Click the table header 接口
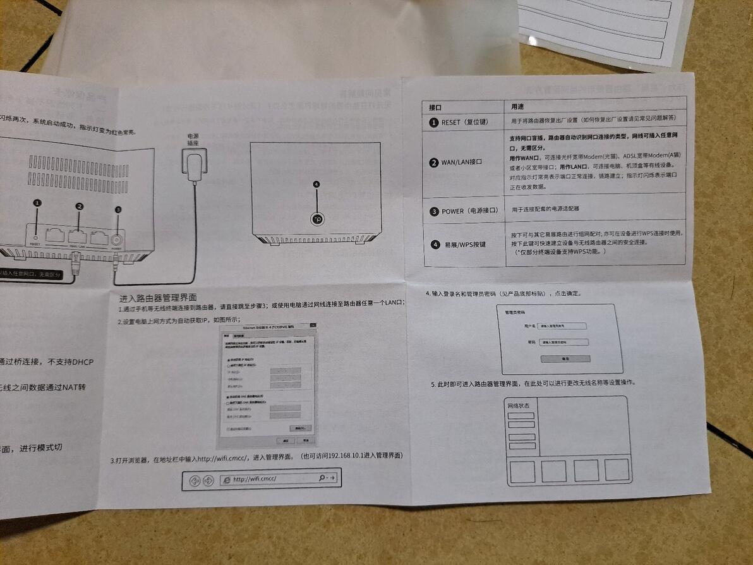tap(435, 107)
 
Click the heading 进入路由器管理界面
tap(158, 298)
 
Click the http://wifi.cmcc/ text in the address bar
tap(255, 479)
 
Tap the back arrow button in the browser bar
tap(195, 481)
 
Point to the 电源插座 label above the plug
tap(193, 140)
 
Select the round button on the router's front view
tap(317, 219)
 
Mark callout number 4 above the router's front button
tap(316, 184)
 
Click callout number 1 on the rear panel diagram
tap(37, 203)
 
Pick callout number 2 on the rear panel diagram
tap(79, 206)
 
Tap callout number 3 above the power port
tap(117, 210)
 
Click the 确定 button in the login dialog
tap(565, 358)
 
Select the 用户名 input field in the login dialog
tap(562, 326)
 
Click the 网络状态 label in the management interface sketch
tap(519, 406)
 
